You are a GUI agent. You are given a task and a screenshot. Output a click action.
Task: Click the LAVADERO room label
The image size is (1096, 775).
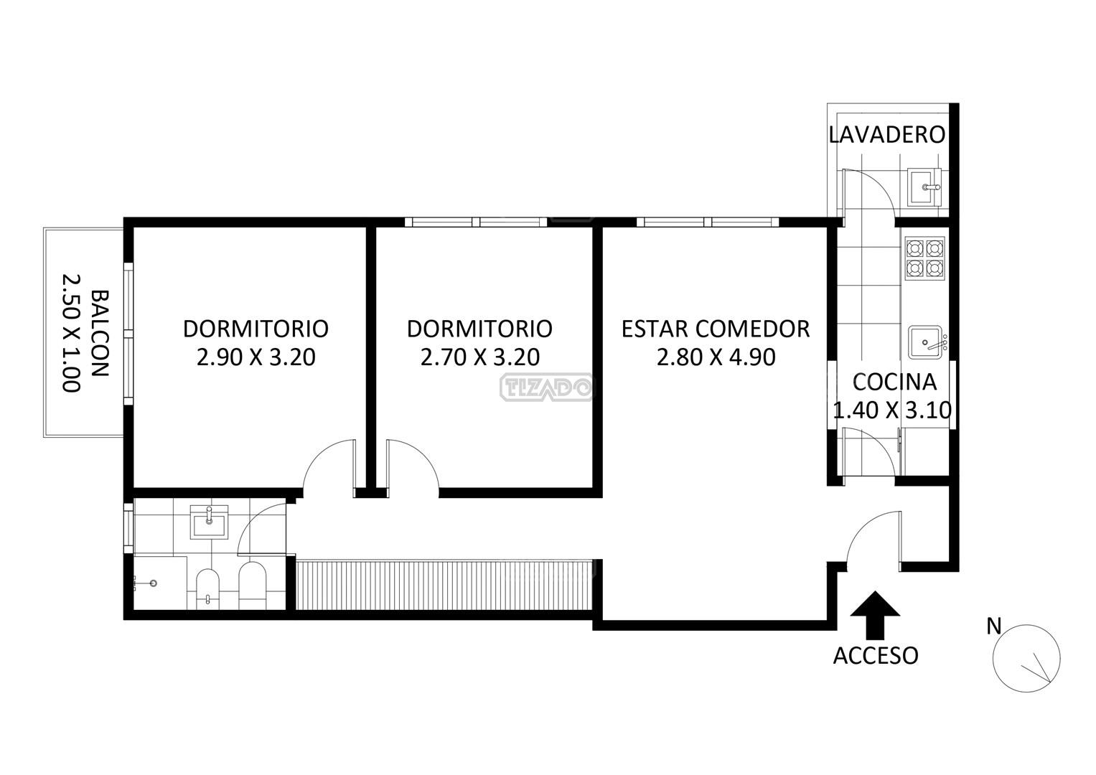pyautogui.click(x=886, y=135)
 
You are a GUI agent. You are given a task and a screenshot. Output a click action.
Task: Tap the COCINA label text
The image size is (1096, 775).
pyautogui.click(x=895, y=382)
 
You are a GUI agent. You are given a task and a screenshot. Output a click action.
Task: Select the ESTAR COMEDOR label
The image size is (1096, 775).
pyautogui.click(x=716, y=329)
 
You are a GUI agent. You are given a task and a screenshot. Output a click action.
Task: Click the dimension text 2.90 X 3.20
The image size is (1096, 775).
pyautogui.click(x=256, y=357)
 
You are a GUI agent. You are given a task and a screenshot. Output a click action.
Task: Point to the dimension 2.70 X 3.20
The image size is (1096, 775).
pyautogui.click(x=480, y=357)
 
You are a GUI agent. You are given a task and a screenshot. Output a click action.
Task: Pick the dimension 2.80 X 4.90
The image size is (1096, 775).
pyautogui.click(x=716, y=357)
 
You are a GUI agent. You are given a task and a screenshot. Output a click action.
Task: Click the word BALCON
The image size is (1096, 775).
pyautogui.click(x=100, y=334)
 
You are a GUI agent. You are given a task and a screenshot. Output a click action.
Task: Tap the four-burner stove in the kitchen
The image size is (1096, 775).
pyautogui.click(x=924, y=258)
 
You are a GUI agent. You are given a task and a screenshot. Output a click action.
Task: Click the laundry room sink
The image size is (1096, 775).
pyautogui.click(x=924, y=187)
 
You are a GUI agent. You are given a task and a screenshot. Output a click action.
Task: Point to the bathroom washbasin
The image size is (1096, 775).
pyautogui.click(x=209, y=522)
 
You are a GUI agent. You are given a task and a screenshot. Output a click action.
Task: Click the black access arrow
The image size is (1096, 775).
pyautogui.click(x=876, y=615)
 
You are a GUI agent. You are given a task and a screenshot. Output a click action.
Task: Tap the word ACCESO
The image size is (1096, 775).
pyautogui.click(x=876, y=656)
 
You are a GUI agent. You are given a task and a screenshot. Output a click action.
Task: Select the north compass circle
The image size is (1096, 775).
pyautogui.click(x=1026, y=659)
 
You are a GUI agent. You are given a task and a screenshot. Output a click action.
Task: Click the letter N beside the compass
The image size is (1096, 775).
pyautogui.click(x=994, y=626)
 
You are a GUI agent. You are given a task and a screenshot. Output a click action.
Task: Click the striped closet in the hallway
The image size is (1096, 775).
pyautogui.click(x=444, y=585)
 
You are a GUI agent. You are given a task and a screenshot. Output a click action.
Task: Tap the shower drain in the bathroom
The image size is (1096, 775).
pyautogui.click(x=154, y=583)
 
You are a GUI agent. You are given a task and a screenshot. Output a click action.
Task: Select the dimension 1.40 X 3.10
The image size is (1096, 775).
pyautogui.click(x=892, y=410)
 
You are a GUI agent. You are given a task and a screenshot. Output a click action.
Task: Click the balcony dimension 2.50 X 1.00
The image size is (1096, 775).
pyautogui.click(x=72, y=333)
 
